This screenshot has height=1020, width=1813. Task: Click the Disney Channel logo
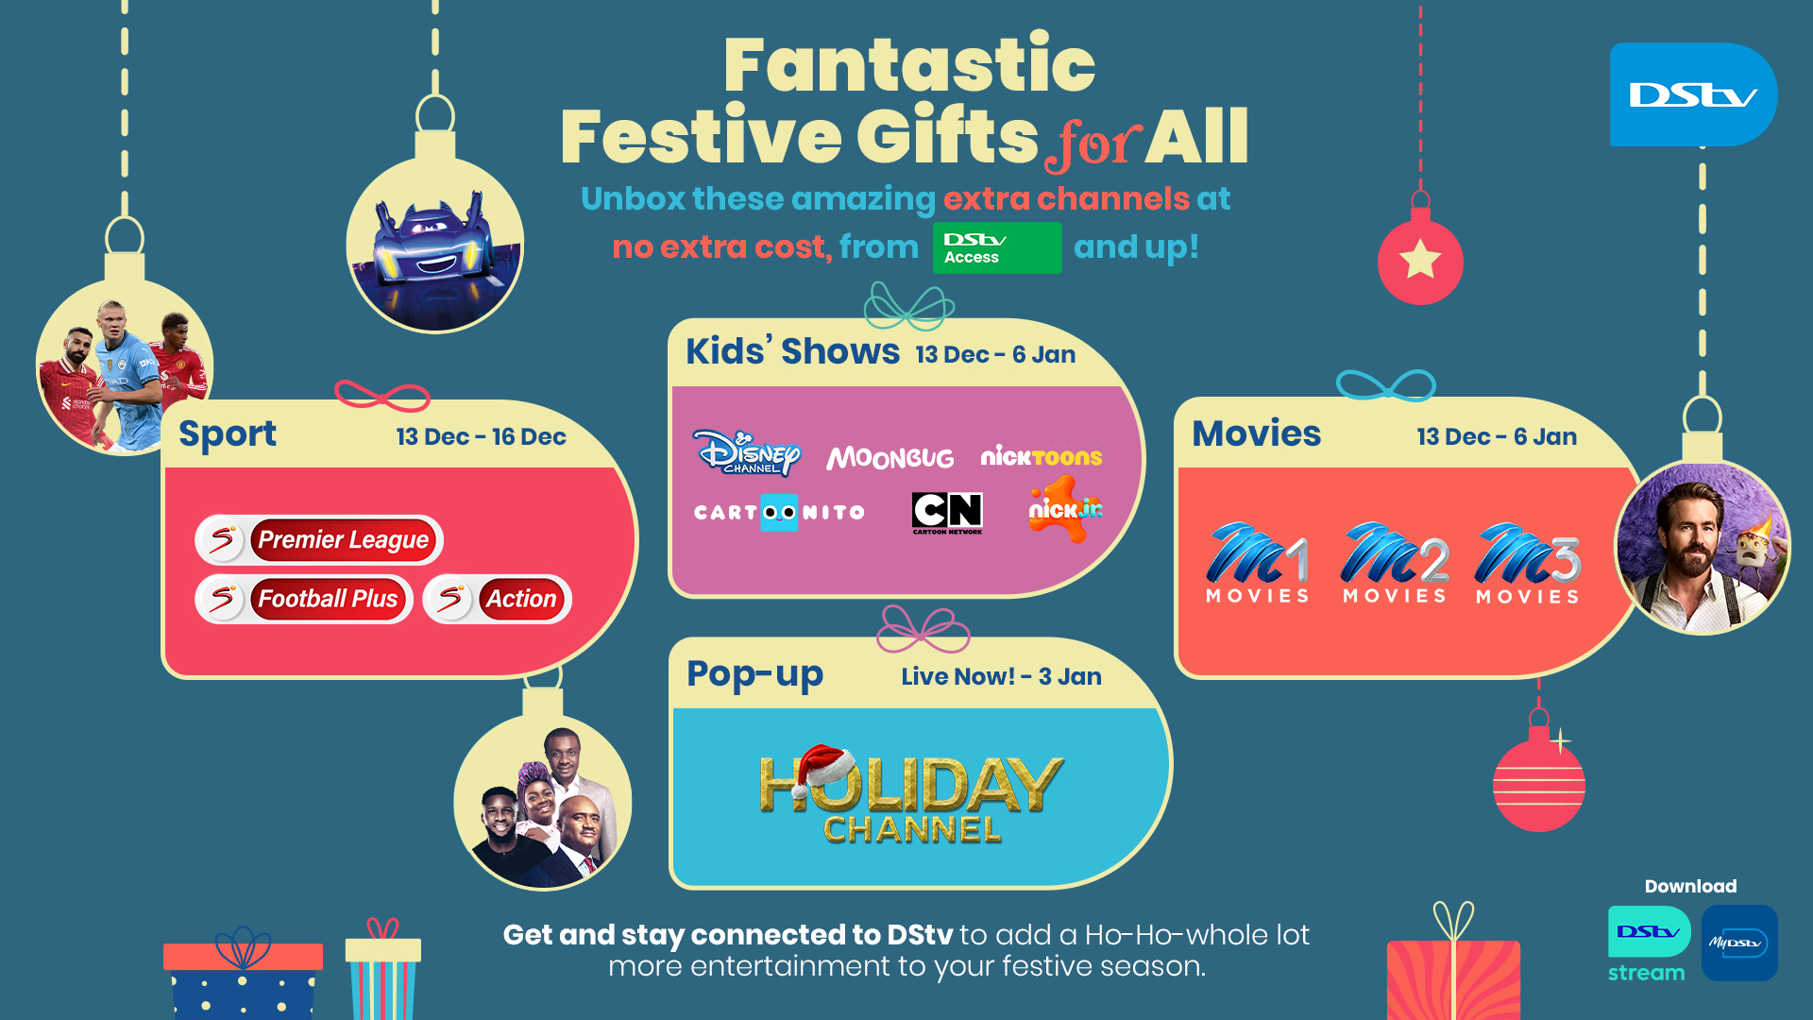pos(746,452)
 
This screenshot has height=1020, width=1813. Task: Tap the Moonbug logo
pos(890,458)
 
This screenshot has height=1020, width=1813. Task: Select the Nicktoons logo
pos(1041,457)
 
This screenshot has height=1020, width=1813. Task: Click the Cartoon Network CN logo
pos(947,513)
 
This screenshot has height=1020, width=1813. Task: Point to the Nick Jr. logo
pos(1066,509)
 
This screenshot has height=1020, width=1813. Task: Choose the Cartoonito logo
pos(779,513)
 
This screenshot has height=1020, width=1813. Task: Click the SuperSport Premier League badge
pos(319,540)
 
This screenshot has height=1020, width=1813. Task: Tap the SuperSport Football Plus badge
pos(304,599)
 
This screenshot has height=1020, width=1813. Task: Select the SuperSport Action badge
pos(498,599)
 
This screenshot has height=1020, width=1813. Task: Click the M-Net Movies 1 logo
pos(1258,563)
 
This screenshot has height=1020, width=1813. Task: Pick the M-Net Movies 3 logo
pos(1528,563)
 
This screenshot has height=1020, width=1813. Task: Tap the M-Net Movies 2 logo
pos(1395,563)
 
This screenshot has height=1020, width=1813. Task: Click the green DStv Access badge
pos(997,247)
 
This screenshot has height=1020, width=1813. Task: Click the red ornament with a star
pos(1420,258)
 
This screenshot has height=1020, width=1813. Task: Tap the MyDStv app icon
pos(1739,943)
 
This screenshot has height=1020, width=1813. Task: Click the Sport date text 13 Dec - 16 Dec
pos(481,436)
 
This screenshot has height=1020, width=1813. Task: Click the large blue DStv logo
pos(1693,94)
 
